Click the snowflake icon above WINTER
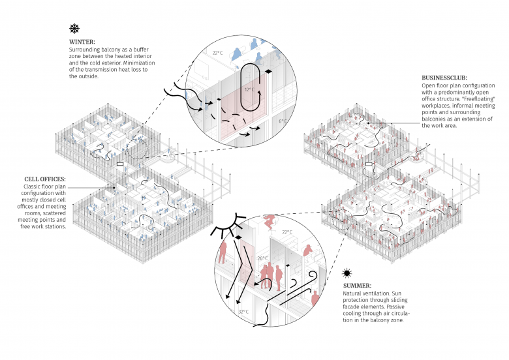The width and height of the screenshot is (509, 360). pyautogui.click(x=75, y=29)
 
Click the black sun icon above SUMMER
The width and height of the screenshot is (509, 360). pyautogui.click(x=348, y=273)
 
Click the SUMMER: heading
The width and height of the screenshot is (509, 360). pyautogui.click(x=358, y=286)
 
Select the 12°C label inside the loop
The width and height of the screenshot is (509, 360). pyautogui.click(x=249, y=89)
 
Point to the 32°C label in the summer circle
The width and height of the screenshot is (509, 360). pyautogui.click(x=243, y=312)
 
